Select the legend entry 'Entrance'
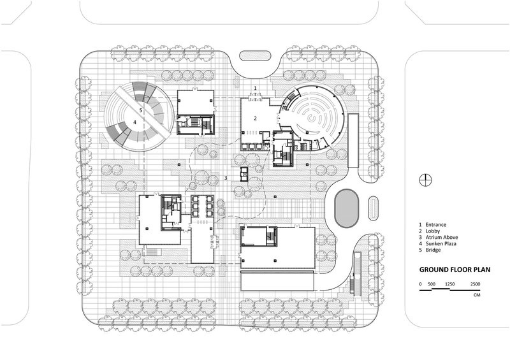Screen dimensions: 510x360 pyautogui.click(x=436, y=225)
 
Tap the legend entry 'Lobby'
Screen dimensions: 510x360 pyautogui.click(x=433, y=231)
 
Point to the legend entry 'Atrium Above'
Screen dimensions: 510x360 pyautogui.click(x=441, y=238)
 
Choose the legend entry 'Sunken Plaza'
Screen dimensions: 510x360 pyautogui.click(x=441, y=243)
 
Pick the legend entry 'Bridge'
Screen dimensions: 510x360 pyautogui.click(x=433, y=250)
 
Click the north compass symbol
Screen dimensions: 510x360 pyautogui.click(x=425, y=180)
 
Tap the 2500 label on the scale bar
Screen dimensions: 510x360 pyautogui.click(x=475, y=284)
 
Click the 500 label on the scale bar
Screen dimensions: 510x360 pyautogui.click(x=432, y=284)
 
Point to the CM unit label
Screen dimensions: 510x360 pyautogui.click(x=477, y=295)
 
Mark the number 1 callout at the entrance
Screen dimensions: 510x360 pyautogui.click(x=256, y=88)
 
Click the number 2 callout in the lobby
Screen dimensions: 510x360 pyautogui.click(x=256, y=119)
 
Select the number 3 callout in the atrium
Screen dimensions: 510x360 pyautogui.click(x=226, y=178)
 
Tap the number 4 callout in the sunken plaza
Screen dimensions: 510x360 pyautogui.click(x=135, y=122)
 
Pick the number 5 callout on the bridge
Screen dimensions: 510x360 pyautogui.click(x=141, y=110)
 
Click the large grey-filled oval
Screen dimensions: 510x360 pyautogui.click(x=347, y=208)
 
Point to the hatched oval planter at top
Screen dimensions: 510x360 pyautogui.click(x=255, y=55)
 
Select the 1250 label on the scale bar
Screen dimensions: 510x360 pyautogui.click(x=450, y=284)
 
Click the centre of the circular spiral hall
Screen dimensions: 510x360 pyautogui.click(x=313, y=119)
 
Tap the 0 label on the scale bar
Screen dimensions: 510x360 pyautogui.click(x=420, y=284)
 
